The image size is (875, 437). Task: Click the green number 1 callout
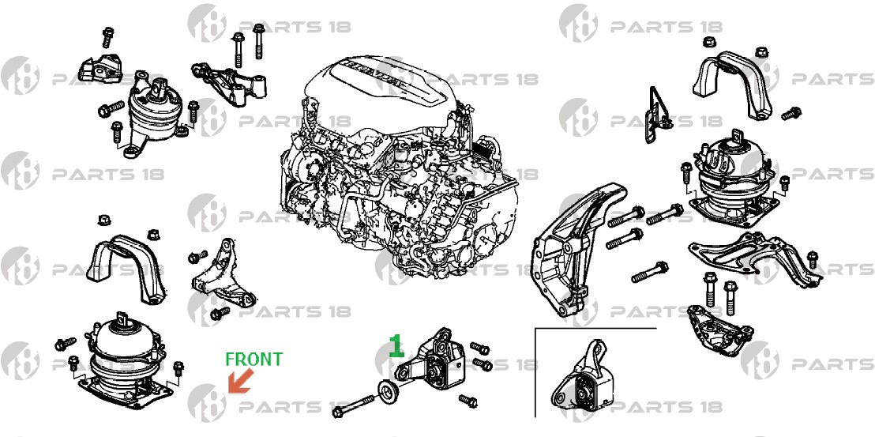pyautogui.click(x=396, y=345)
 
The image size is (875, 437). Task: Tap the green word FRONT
pyautogui.click(x=254, y=360)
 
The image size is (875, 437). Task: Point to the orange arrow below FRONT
pyautogui.click(x=241, y=381)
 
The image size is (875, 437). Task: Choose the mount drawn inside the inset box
pyautogui.click(x=583, y=379)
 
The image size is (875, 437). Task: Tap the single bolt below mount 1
pyautogui.click(x=468, y=400)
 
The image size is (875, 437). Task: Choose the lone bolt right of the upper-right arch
pyautogui.click(x=791, y=113)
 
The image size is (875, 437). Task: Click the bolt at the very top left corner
pyautogui.click(x=107, y=37)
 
